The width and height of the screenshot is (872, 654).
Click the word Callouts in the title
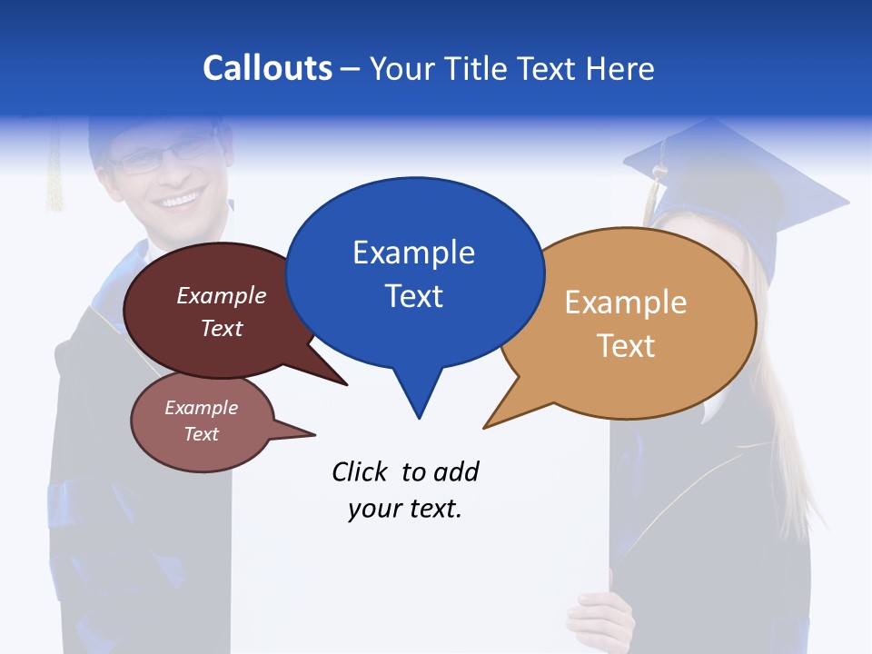[x=268, y=68]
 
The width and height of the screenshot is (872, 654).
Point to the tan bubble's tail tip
[x=485, y=427]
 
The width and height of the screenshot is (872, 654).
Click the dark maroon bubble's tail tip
[x=346, y=384]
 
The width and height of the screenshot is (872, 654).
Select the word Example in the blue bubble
[x=413, y=253]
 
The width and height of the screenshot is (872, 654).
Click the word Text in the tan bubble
[x=626, y=346]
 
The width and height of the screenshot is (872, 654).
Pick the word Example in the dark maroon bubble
[x=221, y=295]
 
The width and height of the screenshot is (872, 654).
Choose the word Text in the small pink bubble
[x=201, y=434]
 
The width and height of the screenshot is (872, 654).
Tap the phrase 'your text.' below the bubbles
[x=404, y=509]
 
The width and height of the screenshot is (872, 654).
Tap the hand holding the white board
[x=599, y=618]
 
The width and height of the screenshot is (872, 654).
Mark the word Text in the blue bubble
[x=413, y=296]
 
